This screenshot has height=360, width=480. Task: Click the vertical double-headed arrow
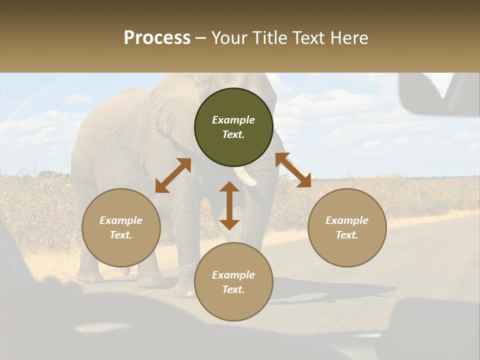[x=229, y=205]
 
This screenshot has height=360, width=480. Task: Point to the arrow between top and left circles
[x=173, y=175]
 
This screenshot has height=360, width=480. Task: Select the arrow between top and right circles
[x=293, y=170]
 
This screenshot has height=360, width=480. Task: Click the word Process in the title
[x=157, y=38]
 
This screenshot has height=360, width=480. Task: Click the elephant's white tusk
[x=245, y=176]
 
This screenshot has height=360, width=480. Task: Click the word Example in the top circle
[x=233, y=120]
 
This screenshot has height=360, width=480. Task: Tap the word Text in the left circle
[x=120, y=235]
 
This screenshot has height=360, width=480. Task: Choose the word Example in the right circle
[x=347, y=220]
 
